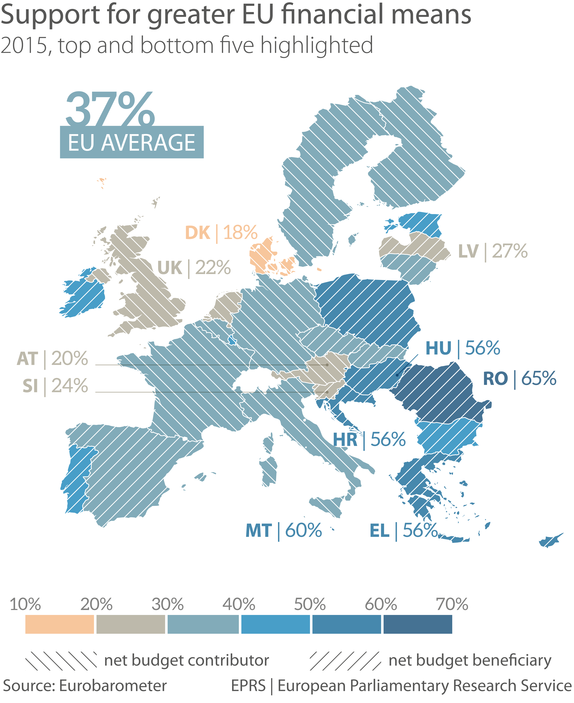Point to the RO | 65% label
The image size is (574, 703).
519,379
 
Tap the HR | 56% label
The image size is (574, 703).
369,440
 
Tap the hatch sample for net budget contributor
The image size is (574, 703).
61,661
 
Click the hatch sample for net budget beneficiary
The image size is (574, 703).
345,661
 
